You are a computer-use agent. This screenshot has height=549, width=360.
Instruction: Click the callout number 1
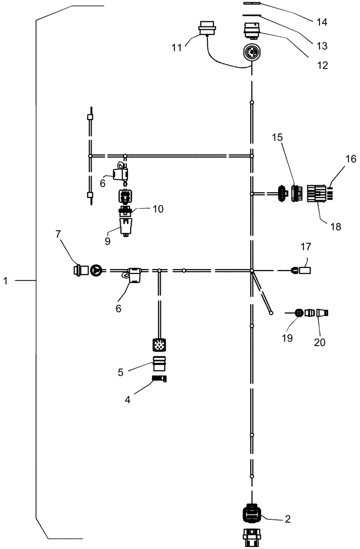5,281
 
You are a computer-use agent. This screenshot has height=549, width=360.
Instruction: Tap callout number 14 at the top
321,23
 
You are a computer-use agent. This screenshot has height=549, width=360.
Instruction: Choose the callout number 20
319,341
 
